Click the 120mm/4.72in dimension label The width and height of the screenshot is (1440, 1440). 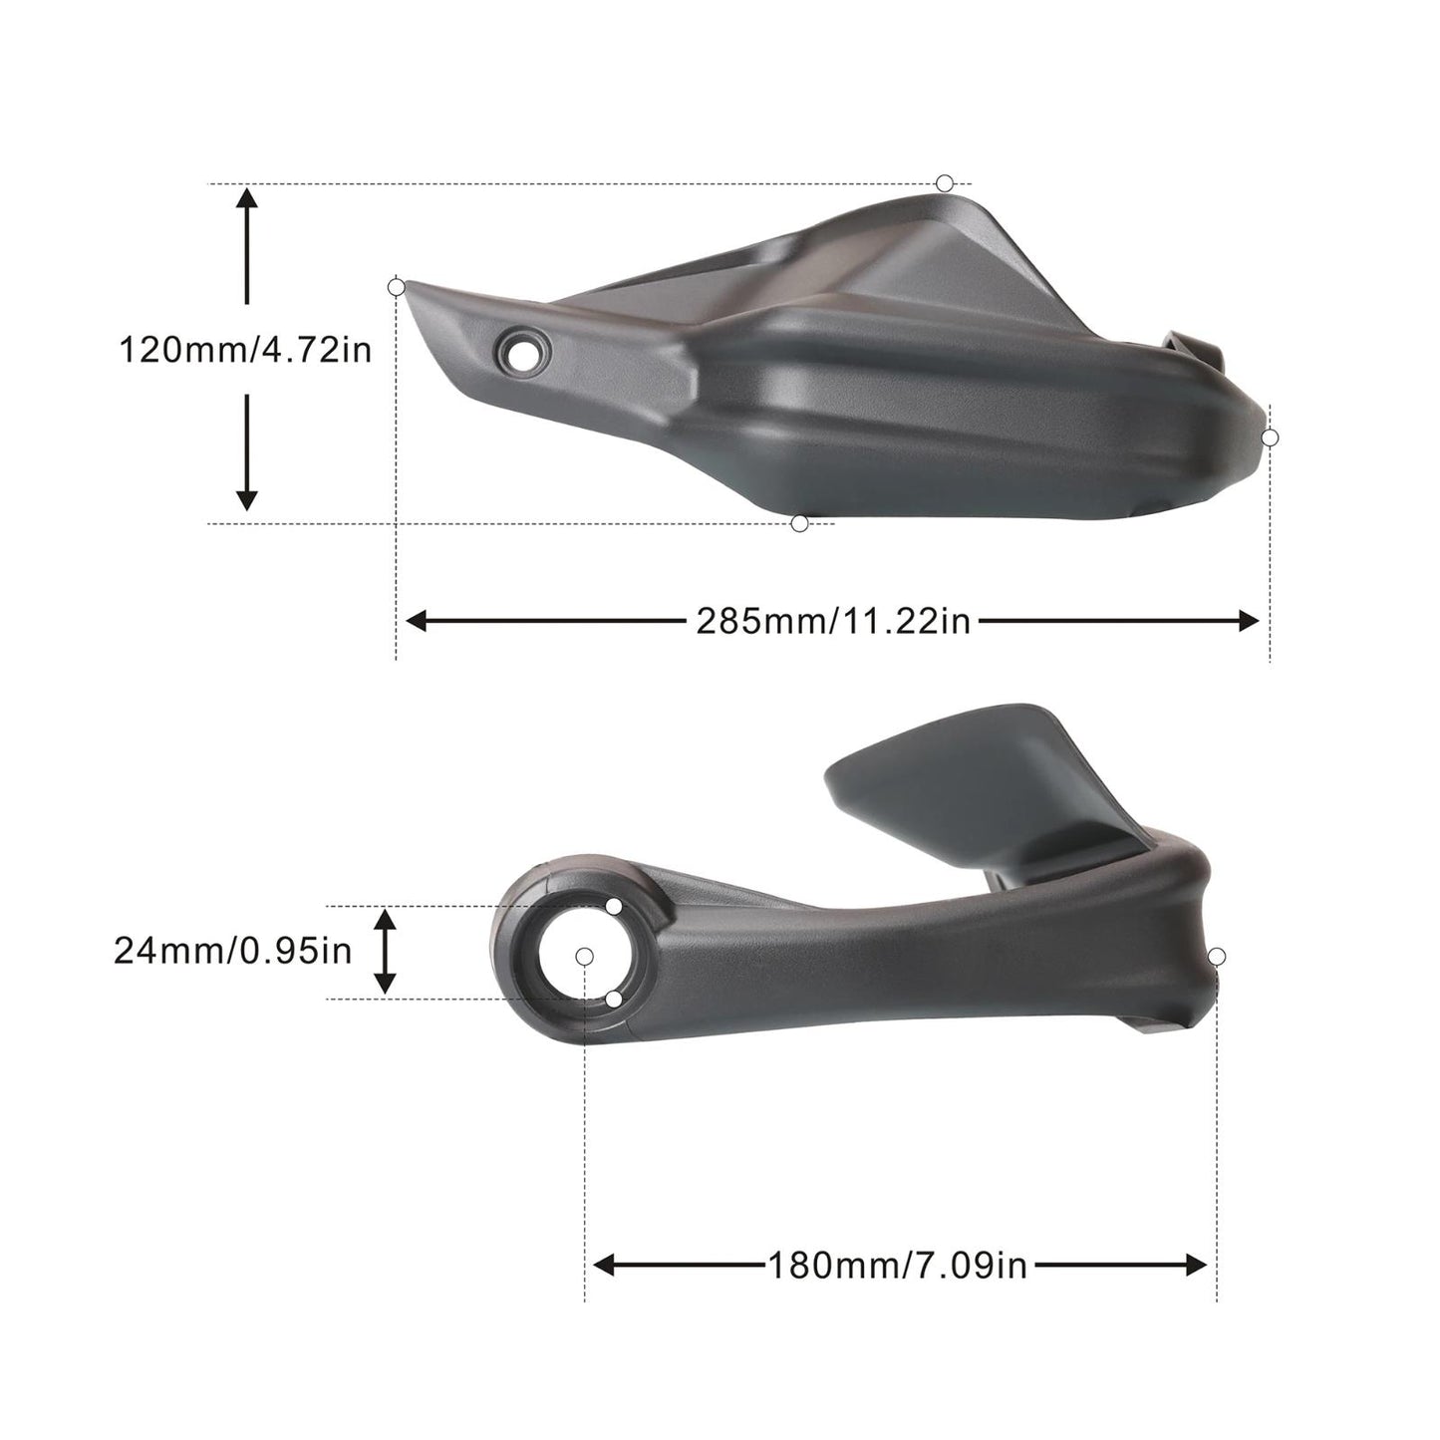(245, 351)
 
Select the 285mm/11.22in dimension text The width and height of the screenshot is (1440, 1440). (833, 621)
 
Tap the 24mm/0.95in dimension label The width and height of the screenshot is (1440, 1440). (232, 952)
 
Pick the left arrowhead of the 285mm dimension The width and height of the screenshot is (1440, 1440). (417, 621)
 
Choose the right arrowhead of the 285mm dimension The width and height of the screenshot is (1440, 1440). (1249, 621)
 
